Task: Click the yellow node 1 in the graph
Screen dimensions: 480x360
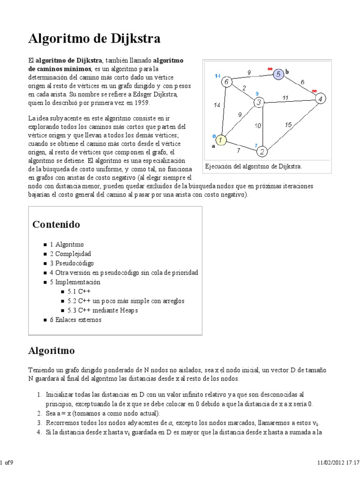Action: [x=221, y=140]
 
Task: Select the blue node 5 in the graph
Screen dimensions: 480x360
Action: [x=278, y=74]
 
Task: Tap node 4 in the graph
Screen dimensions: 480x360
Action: [x=320, y=99]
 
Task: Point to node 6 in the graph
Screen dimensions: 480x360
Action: [x=227, y=82]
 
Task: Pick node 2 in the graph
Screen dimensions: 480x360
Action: [x=262, y=151]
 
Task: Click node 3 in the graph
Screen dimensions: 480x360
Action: [x=259, y=102]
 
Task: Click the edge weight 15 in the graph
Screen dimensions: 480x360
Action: [x=289, y=124]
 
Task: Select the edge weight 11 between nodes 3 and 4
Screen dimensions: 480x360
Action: [x=285, y=97]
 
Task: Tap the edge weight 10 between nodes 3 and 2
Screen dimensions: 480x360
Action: [x=257, y=126]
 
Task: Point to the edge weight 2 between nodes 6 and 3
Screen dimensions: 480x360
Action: [x=244, y=87]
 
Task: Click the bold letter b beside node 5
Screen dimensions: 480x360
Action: [x=287, y=71]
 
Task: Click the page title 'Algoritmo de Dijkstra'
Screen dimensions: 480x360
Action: [x=95, y=39]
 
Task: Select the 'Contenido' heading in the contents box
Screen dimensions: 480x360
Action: [x=56, y=225]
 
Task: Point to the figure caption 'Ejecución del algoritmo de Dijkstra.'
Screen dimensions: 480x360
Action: [x=253, y=166]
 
